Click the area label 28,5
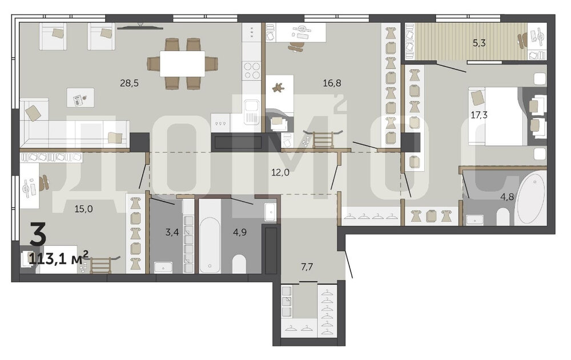(x=129, y=83)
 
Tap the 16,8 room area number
(x=332, y=83)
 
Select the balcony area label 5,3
(x=479, y=43)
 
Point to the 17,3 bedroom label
(x=479, y=115)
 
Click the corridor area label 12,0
(x=280, y=172)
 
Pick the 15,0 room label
(x=83, y=209)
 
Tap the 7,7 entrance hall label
(x=307, y=267)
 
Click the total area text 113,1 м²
(x=58, y=259)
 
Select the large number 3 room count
(x=38, y=235)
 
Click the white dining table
(x=183, y=63)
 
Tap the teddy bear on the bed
(x=279, y=88)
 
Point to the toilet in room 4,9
(x=239, y=264)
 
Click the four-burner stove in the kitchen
(x=252, y=70)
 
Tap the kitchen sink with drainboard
(x=252, y=112)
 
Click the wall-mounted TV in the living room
(x=138, y=26)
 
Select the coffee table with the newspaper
(x=81, y=98)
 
